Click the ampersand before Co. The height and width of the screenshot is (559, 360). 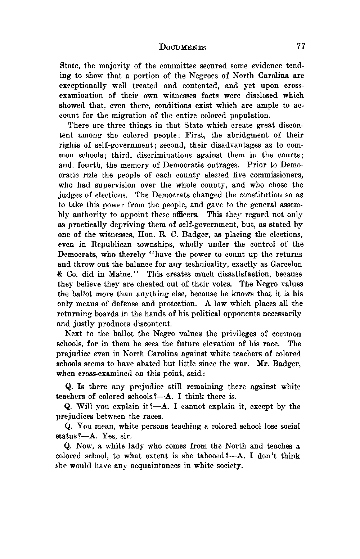[x=61, y=274]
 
